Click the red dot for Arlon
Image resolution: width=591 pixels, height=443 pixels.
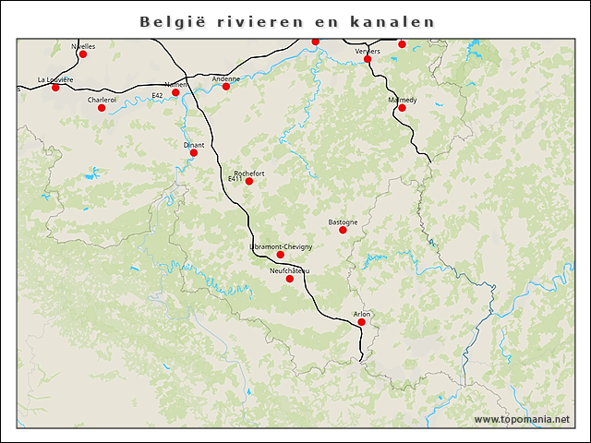point(362,322)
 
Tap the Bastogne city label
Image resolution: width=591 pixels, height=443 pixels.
point(343,221)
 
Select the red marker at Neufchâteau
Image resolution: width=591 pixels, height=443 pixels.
point(290,279)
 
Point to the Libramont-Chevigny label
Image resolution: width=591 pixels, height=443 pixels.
point(281,247)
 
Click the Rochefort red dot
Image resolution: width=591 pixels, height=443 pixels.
point(248,181)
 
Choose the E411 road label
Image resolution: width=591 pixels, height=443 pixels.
point(235,179)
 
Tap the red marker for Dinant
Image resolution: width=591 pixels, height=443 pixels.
point(194,153)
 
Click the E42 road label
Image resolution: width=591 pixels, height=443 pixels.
point(157,95)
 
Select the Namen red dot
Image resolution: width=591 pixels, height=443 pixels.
point(175,92)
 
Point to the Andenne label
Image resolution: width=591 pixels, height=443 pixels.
point(225,78)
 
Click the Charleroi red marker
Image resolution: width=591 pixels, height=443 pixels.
point(102,108)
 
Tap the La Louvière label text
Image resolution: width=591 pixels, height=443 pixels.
point(55,79)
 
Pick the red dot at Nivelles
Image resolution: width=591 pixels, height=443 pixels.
point(83,54)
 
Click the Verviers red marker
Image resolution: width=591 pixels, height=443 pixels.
point(368,59)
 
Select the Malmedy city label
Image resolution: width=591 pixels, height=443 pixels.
point(403,99)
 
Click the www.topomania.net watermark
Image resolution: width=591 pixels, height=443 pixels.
point(522,419)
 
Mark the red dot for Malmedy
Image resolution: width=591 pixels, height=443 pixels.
point(402,108)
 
